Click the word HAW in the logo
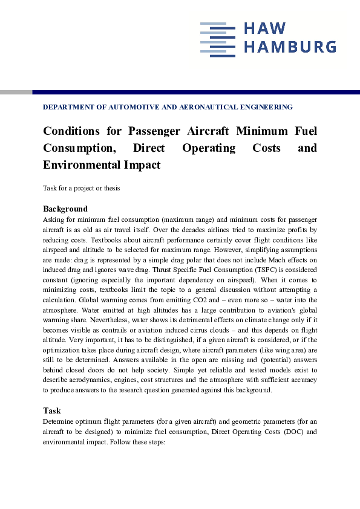tap(264, 29)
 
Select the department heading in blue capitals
tap(168, 107)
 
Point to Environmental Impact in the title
tap(102, 164)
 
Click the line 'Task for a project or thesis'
tap(81, 188)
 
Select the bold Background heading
tap(65, 209)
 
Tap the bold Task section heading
tap(51, 410)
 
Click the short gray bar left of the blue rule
tap(16, 92)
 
